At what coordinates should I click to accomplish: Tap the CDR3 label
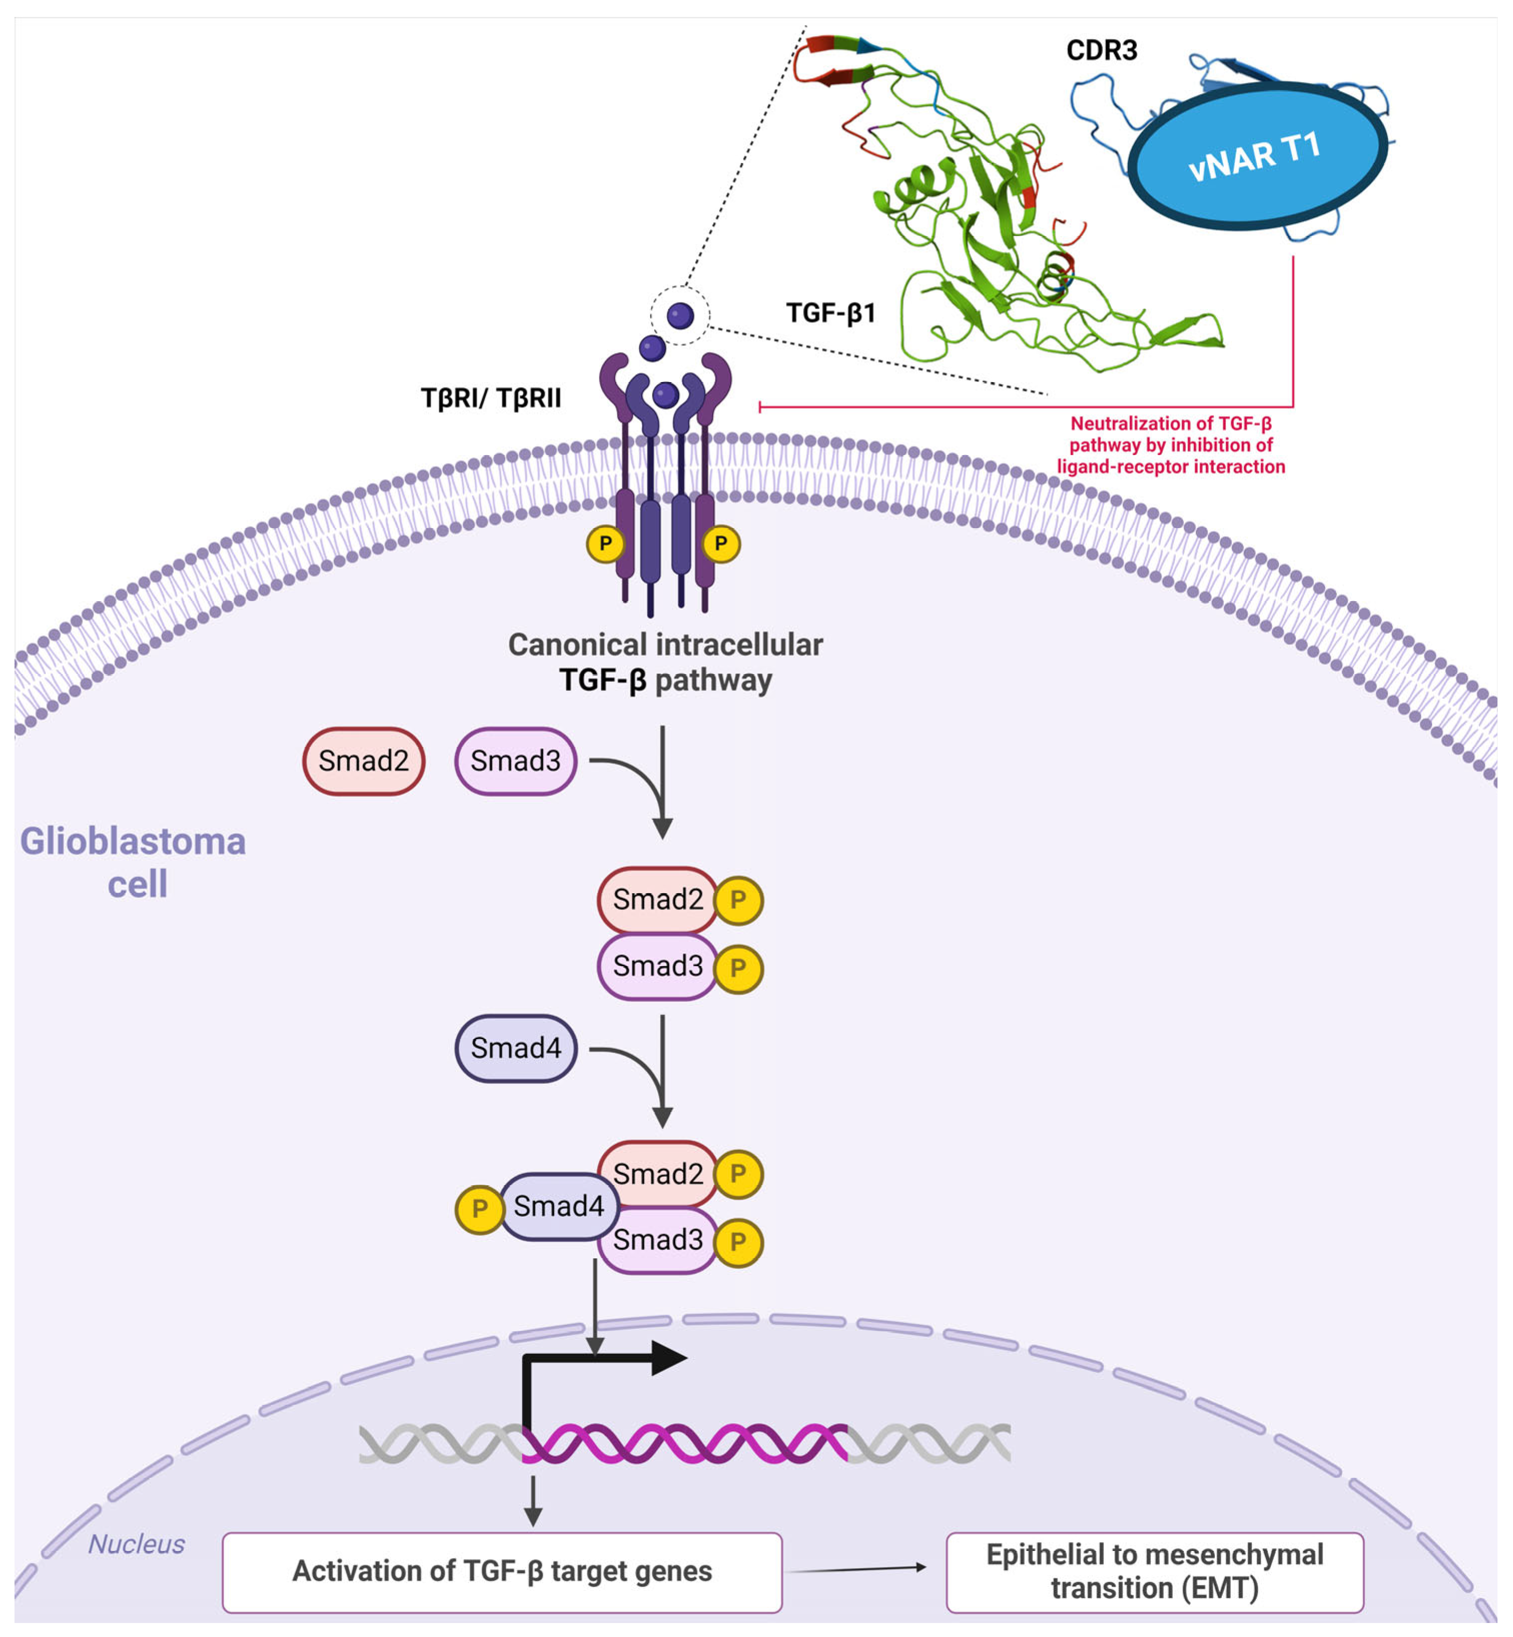click(x=1101, y=51)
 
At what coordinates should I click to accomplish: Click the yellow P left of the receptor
click(x=605, y=544)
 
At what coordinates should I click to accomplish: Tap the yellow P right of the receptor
click(x=720, y=544)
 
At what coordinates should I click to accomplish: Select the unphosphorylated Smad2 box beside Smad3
click(x=364, y=761)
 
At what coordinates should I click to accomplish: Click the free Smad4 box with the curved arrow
click(x=516, y=1048)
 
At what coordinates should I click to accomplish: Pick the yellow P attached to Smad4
click(x=479, y=1209)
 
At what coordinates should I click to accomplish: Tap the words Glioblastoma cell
click(x=134, y=862)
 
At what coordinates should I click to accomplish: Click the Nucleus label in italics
click(x=136, y=1543)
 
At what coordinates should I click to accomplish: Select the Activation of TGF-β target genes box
click(x=502, y=1571)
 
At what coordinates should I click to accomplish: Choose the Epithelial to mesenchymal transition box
click(x=1154, y=1571)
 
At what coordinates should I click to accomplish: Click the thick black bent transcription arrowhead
click(x=667, y=1359)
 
